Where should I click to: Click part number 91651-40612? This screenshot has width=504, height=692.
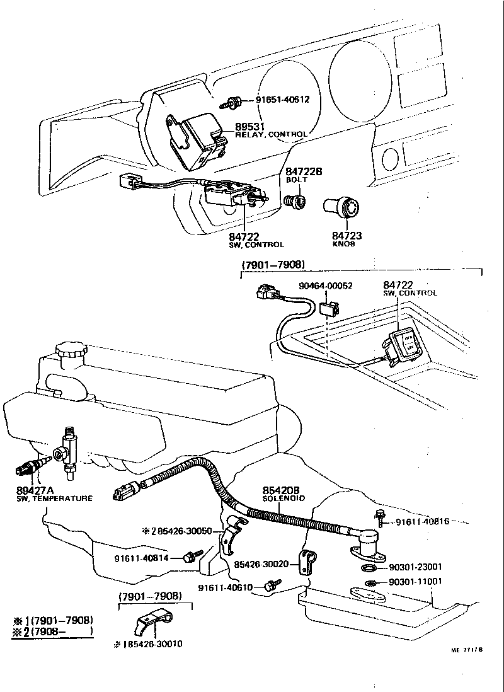282,100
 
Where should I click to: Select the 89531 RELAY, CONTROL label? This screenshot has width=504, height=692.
271,130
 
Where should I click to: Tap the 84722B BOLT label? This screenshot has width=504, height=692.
304,175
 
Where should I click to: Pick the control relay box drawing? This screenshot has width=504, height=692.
197,139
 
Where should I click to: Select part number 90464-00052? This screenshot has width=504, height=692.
325,285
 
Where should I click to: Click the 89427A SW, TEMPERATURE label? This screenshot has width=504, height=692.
54,493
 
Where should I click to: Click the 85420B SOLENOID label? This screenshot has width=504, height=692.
283,493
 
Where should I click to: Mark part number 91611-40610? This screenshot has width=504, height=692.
225,587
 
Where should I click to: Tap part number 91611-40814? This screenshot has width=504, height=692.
142,557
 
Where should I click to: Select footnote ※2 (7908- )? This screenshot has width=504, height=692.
52,631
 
